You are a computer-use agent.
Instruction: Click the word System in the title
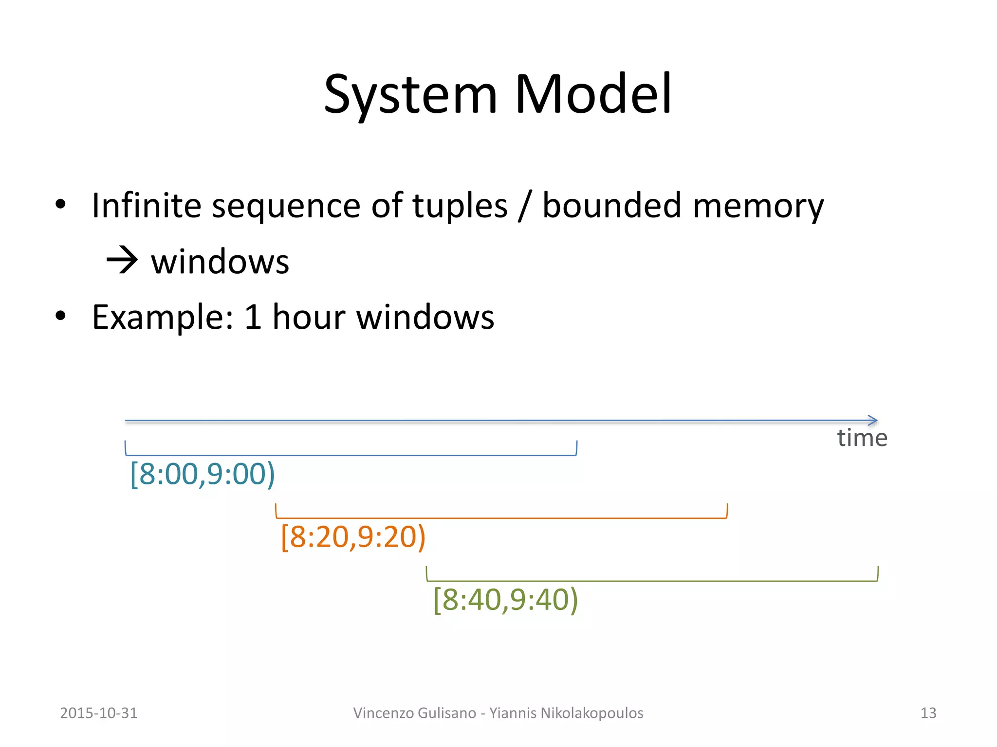point(410,95)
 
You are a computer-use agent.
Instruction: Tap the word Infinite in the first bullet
point(146,205)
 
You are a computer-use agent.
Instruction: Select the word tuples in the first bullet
point(460,205)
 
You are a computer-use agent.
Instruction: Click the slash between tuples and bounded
point(524,206)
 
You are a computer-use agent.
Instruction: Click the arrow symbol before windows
point(122,261)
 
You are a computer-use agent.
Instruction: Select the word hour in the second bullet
point(309,317)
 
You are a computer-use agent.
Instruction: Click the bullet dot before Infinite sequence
point(60,204)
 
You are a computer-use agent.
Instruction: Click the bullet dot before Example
point(60,316)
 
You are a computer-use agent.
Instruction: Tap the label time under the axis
point(862,438)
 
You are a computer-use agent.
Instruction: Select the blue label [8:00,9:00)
point(203,474)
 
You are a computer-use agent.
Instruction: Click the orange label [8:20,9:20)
point(353,537)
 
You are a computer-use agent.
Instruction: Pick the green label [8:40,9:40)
point(505,600)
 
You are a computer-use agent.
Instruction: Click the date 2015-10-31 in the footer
point(99,713)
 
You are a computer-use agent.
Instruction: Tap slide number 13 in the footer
point(928,713)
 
